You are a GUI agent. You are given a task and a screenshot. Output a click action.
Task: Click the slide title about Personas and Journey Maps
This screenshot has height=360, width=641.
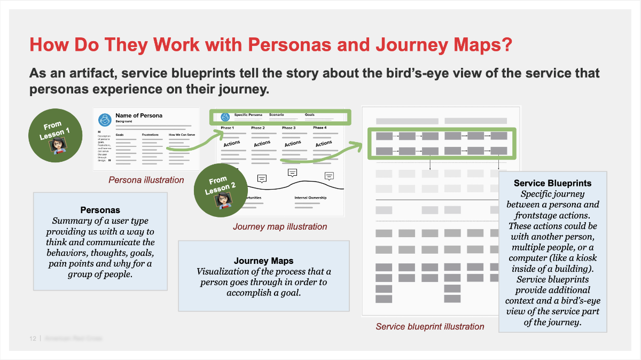coord(271,45)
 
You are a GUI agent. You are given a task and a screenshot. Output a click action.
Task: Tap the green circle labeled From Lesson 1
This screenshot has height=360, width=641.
coord(56,135)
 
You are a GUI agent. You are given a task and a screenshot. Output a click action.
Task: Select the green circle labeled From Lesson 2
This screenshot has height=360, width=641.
coord(221,189)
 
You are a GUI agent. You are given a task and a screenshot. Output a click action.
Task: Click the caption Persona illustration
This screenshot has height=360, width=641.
coord(146,180)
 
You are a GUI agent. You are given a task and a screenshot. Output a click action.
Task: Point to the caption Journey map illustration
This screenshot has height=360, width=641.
coord(280,226)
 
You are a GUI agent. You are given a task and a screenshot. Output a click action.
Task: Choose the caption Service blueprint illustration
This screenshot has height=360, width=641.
coord(429,326)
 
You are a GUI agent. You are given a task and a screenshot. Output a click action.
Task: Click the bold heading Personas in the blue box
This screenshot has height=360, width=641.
coord(100,210)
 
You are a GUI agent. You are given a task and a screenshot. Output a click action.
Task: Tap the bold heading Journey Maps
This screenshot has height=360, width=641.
coord(263,261)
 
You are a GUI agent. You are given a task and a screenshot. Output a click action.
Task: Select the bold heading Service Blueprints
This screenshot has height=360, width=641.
coord(552,183)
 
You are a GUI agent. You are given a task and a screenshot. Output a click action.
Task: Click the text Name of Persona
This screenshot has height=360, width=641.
coord(139,115)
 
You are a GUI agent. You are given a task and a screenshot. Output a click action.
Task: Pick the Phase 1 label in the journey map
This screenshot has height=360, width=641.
coord(227,128)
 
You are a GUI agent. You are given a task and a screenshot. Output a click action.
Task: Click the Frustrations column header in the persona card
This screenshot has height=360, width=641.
coord(150,135)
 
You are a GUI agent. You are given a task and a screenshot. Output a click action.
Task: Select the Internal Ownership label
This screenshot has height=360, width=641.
coord(311,198)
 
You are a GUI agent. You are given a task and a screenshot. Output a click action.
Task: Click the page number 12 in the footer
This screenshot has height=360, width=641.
coord(33,339)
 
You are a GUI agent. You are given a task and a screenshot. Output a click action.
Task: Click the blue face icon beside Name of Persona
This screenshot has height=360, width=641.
coord(105,118)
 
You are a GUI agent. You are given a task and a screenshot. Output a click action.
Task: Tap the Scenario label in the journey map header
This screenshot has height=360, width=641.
coord(276,115)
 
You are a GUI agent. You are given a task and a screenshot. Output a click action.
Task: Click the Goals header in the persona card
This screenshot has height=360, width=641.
coord(120,135)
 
